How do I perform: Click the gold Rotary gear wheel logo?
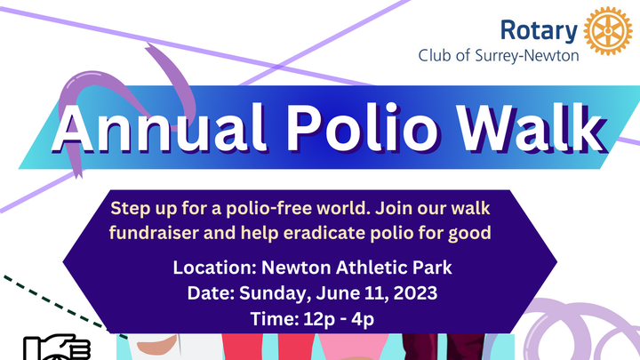point(608,30)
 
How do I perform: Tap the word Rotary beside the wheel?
point(539,31)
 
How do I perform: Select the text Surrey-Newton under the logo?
point(527,55)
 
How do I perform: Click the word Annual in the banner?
point(160,127)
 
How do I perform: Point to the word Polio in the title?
point(362,127)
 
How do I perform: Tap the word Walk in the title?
point(530,127)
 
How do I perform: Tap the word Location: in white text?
point(215,268)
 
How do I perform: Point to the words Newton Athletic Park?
point(356,268)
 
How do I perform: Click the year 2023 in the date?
point(415,293)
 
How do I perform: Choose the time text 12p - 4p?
point(339,319)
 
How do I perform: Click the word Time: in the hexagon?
point(275,319)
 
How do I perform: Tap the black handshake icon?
point(57,348)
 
